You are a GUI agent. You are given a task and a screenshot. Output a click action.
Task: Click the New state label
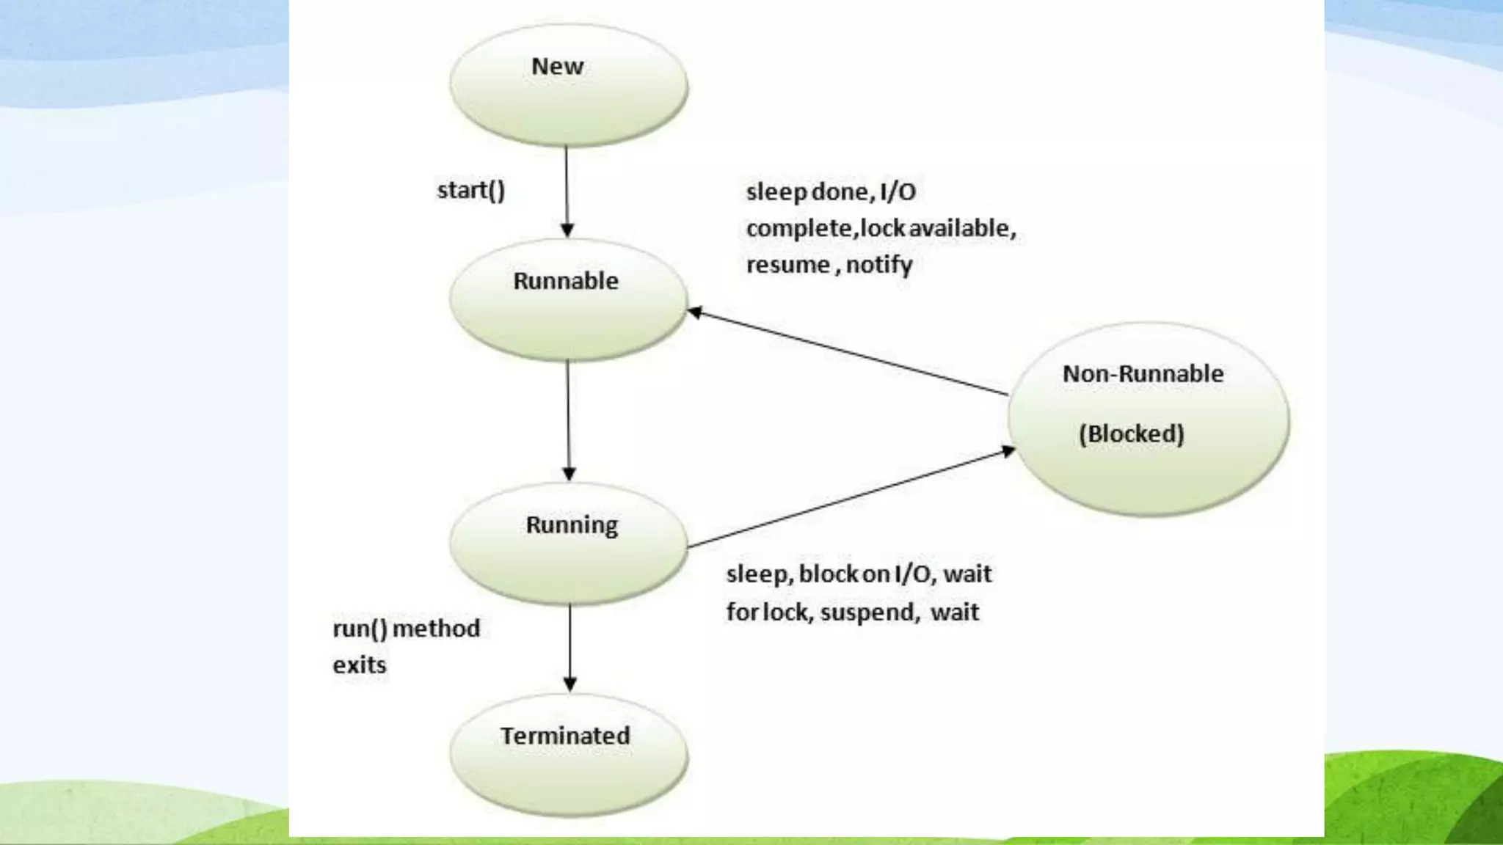pos(557,67)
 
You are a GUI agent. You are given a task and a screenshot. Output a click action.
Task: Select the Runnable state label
pos(566,281)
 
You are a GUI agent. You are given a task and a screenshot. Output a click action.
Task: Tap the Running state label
pos(572,525)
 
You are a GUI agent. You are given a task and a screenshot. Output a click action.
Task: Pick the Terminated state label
pos(565,736)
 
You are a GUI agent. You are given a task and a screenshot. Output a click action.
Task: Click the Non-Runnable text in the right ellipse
pos(1143,374)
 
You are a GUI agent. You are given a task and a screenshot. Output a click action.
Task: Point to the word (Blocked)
pos(1131,434)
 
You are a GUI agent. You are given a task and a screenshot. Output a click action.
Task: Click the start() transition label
pos(471,191)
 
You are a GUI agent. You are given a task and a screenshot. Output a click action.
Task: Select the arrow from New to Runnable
pos(567,191)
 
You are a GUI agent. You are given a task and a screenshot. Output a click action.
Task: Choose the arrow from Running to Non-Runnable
pos(851,500)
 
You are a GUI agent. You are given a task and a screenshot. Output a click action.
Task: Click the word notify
pos(879,265)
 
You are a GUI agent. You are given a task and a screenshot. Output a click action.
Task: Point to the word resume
pos(788,265)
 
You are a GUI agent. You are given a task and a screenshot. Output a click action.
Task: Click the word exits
pos(359,665)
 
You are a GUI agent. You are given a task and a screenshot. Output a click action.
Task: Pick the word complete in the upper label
pos(799,228)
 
